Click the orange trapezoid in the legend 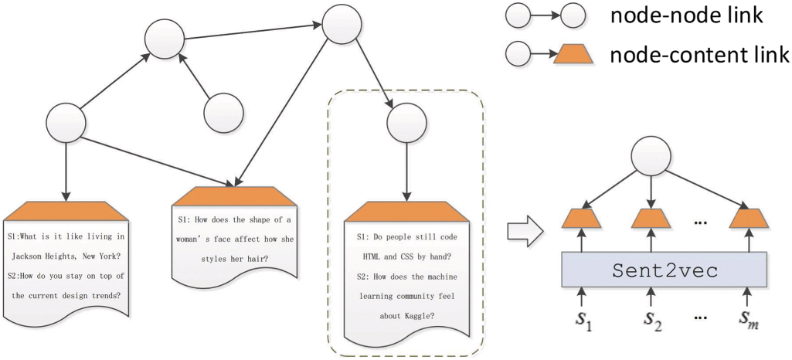pos(573,55)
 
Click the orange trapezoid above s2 pos(650,219)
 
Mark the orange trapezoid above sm pos(748,219)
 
